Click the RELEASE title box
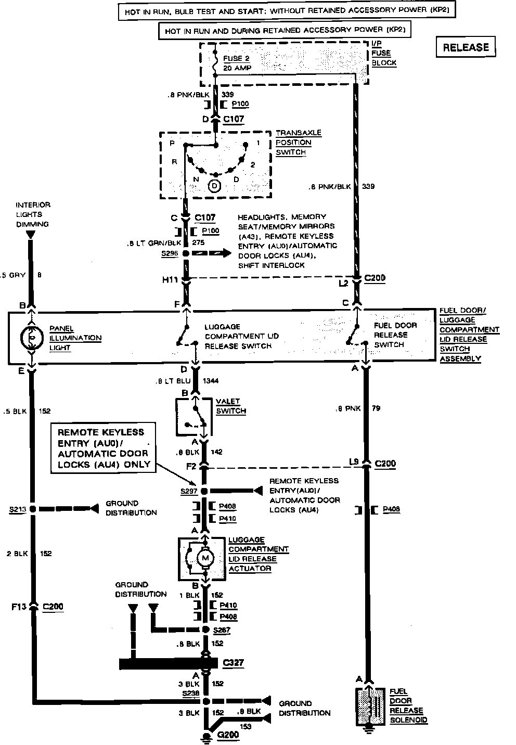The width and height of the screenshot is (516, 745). (466, 47)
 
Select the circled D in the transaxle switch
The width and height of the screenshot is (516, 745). (214, 185)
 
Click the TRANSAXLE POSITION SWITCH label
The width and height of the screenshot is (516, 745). (298, 143)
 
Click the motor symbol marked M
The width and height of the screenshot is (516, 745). (204, 558)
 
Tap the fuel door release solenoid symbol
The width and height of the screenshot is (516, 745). (370, 707)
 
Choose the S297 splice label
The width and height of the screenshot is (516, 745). (190, 491)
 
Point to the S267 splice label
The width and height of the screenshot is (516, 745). (222, 630)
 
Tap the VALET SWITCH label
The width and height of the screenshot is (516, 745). (230, 406)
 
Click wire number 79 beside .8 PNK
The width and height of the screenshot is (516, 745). (376, 408)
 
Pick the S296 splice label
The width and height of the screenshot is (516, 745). (170, 253)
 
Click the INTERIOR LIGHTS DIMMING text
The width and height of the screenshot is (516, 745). (32, 214)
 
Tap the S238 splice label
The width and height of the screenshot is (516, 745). (190, 693)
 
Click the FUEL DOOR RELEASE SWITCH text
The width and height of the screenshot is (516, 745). (395, 335)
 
